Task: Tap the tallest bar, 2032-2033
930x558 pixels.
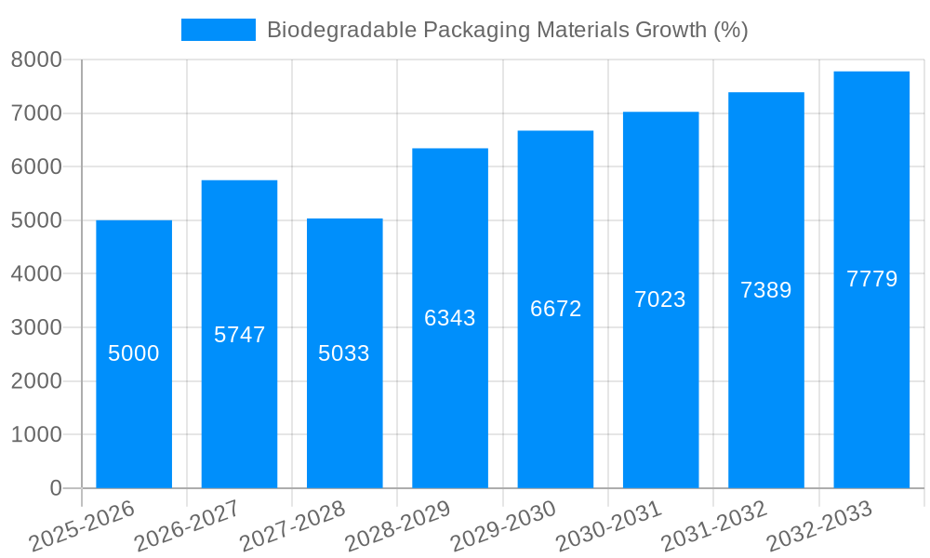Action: [x=871, y=372]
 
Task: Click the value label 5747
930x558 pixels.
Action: [x=239, y=335]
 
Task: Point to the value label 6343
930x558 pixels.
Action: [x=450, y=318]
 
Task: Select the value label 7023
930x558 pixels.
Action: [x=660, y=299]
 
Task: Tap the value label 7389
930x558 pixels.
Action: [x=765, y=290]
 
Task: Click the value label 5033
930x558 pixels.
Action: [x=344, y=353]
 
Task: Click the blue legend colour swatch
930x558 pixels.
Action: [x=218, y=30]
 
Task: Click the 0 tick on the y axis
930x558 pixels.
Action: [x=55, y=488]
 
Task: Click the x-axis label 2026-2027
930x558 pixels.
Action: [x=187, y=526]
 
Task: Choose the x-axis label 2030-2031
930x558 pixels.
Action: [x=608, y=526]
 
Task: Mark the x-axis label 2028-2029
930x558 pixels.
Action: [x=398, y=526]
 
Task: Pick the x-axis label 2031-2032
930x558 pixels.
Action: [x=713, y=526]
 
